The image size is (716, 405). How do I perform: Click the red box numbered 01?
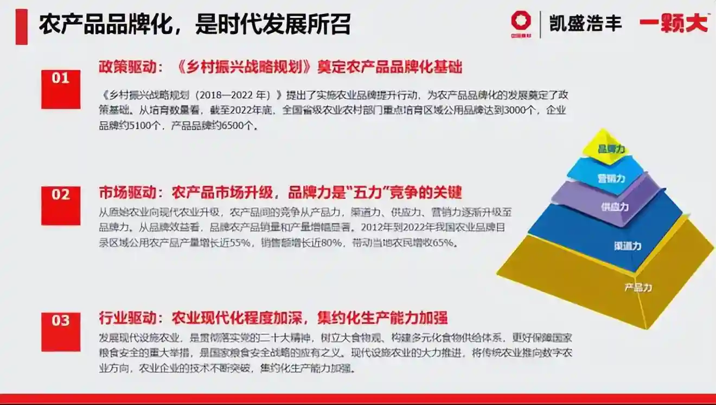61,88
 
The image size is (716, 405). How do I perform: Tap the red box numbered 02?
61,205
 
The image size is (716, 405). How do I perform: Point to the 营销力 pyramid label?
611,178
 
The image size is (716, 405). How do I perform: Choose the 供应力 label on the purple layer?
615,207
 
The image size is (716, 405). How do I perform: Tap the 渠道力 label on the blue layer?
628,246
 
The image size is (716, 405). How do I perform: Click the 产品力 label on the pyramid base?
638,287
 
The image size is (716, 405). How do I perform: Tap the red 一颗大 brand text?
674,23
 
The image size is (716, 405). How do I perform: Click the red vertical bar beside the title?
21,26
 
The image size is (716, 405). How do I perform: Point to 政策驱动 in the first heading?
122,67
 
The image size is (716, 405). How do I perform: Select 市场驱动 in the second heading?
122,192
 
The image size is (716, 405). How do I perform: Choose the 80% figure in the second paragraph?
326,243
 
